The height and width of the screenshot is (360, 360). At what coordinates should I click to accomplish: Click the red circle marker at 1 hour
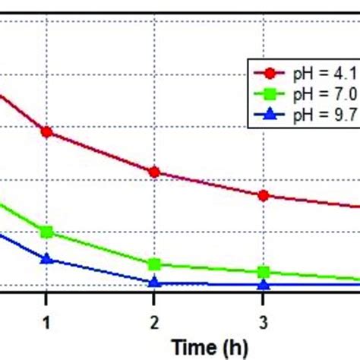[x=46, y=131]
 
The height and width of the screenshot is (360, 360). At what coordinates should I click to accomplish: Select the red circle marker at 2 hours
[x=154, y=172]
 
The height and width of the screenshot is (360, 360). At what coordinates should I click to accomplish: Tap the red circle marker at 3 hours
[x=263, y=195]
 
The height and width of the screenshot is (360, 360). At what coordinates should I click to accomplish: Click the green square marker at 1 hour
[x=46, y=232]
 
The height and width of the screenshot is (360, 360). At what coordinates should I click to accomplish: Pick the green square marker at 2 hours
[x=154, y=264]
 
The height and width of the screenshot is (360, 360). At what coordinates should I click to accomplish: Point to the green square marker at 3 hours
[x=263, y=272]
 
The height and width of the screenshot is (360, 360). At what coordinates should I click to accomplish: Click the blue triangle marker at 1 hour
[x=46, y=259]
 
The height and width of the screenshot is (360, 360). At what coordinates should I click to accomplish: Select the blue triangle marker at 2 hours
[x=154, y=282]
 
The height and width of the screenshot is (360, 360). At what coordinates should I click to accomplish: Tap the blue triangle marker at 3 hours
[x=263, y=284]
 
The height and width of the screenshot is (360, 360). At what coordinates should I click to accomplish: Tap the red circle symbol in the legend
[x=270, y=73]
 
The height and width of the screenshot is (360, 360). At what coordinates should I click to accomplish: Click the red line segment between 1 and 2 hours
[x=100, y=152]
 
